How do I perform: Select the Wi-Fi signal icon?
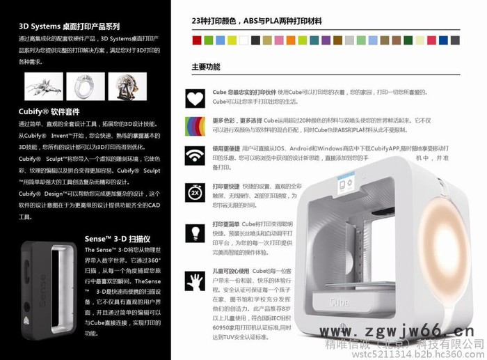point(195,156)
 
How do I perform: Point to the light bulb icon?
point(195,232)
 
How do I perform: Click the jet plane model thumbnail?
point(44,85)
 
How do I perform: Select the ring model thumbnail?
point(86,85)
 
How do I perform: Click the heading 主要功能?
point(206,68)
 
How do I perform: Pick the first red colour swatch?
point(197,40)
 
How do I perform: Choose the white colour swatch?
point(243,40)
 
